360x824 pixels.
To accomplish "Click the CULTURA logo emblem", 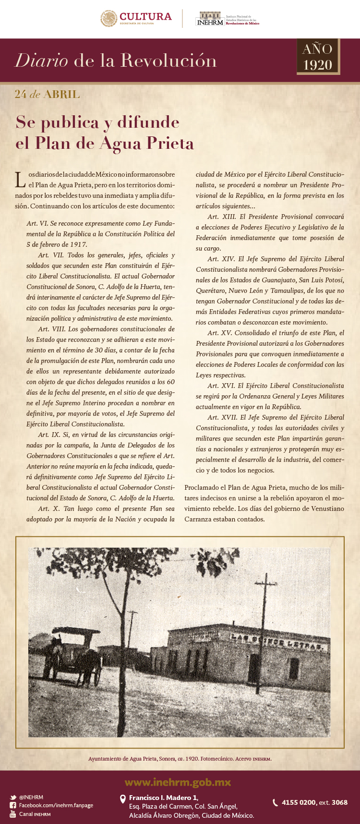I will coord(109,18).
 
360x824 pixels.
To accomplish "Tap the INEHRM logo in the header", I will coord(210,19).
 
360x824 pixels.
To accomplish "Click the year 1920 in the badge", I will coord(318,65).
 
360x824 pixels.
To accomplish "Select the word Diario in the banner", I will coord(41,61).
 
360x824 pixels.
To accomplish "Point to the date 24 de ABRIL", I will coord(47,94).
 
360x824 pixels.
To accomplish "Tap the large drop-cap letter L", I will coord(20,180).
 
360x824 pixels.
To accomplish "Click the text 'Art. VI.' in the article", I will coord(37,223).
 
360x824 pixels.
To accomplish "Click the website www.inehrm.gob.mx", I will coord(178,783).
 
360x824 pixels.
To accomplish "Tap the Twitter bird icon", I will coord(13,797).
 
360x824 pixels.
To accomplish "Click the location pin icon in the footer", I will coord(123,798).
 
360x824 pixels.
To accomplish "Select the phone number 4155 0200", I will coord(299,802).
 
